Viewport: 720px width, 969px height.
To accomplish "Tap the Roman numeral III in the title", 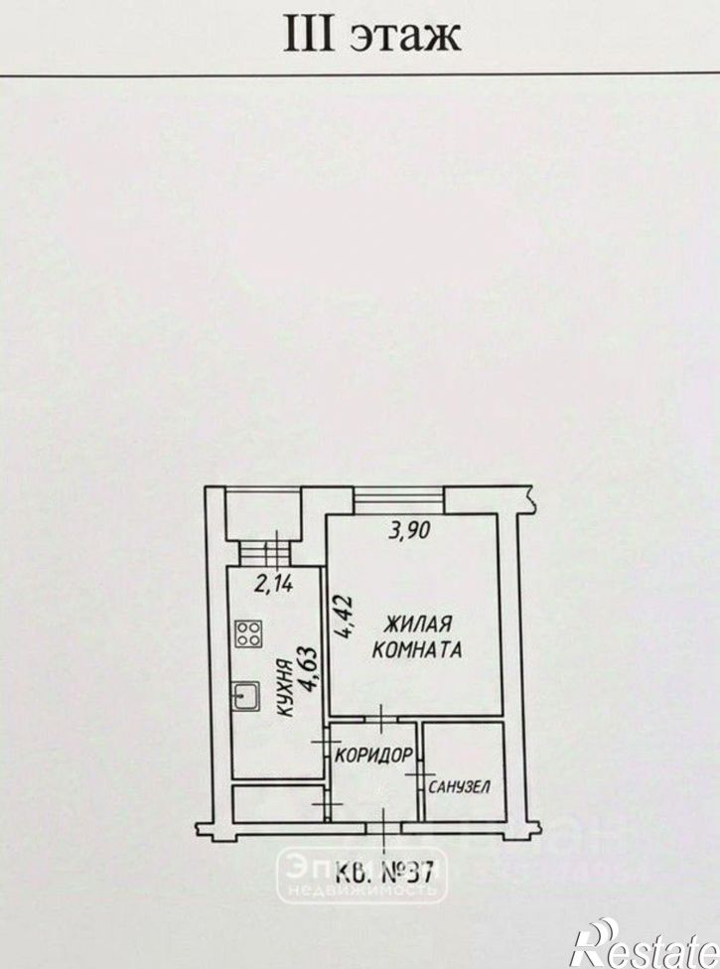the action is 309,34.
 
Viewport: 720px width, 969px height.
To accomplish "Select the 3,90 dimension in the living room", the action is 408,531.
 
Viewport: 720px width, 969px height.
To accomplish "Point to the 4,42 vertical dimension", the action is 343,617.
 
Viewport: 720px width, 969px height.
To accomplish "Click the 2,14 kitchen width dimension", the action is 273,583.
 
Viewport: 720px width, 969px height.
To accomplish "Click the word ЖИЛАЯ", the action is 418,624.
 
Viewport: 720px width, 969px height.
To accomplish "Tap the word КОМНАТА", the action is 418,650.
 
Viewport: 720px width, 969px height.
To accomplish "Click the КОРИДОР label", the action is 374,755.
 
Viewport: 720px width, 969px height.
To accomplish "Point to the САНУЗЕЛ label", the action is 459,786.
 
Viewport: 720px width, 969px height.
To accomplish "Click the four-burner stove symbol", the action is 248,634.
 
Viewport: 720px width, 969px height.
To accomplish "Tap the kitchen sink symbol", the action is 246,697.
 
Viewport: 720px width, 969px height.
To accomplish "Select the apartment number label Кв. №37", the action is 383,874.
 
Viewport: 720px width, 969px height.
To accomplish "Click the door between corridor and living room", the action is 381,720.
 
